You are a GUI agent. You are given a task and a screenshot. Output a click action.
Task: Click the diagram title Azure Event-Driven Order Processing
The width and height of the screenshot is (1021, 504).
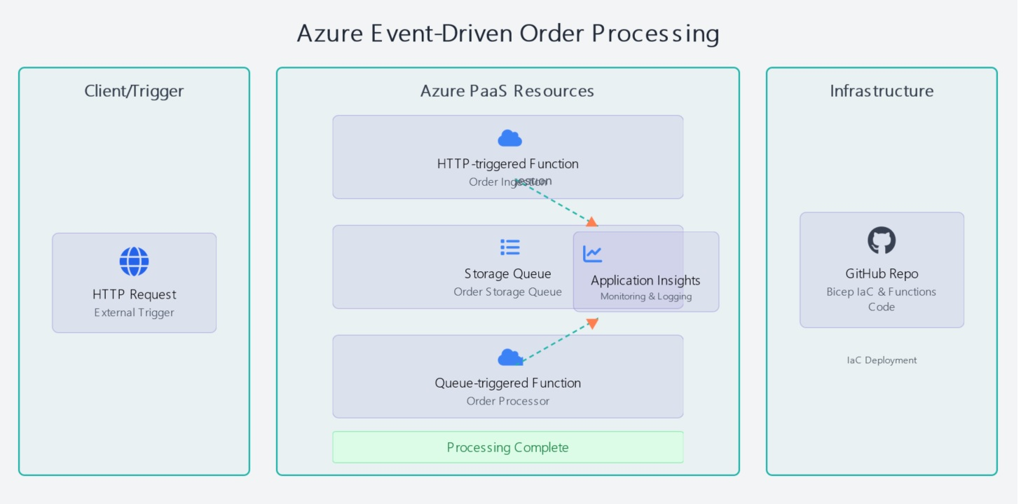(x=507, y=34)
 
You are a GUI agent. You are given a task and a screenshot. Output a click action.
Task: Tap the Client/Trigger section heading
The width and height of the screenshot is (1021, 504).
(x=134, y=91)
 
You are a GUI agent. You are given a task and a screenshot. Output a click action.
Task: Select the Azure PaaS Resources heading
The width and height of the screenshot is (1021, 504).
(x=507, y=91)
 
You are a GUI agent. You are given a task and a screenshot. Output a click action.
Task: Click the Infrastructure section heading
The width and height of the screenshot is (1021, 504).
(x=882, y=91)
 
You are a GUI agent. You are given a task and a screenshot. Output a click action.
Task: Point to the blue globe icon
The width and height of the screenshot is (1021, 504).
(x=134, y=261)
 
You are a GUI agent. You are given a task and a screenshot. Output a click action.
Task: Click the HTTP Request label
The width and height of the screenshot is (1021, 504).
(x=134, y=294)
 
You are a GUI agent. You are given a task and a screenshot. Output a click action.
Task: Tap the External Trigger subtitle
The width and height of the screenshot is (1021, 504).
(x=134, y=313)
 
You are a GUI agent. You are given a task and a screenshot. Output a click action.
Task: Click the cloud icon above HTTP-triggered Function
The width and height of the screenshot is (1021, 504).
(x=509, y=139)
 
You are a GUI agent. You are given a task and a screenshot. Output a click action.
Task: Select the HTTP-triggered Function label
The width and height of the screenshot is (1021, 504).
(x=507, y=164)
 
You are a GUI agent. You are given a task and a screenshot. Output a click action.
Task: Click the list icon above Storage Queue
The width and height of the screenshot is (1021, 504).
(x=509, y=247)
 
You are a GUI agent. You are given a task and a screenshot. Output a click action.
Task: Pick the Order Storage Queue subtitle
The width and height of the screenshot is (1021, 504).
(x=507, y=292)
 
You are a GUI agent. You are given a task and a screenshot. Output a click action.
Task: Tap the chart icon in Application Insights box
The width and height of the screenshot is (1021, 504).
(x=593, y=254)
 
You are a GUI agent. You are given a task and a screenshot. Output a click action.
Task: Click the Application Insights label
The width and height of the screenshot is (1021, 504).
(x=645, y=280)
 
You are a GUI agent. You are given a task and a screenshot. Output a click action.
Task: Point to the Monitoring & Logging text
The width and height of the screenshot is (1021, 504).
(x=645, y=297)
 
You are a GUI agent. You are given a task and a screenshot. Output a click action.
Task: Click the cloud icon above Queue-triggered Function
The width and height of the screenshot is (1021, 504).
(x=509, y=358)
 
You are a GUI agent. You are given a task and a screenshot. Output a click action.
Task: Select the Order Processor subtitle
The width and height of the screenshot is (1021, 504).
(x=507, y=401)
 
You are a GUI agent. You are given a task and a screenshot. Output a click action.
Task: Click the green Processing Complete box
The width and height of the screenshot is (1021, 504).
(x=507, y=447)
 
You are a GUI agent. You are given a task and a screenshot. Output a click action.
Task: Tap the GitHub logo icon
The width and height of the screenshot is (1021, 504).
(x=882, y=240)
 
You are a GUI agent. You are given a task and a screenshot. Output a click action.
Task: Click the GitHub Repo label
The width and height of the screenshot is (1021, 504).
(x=882, y=274)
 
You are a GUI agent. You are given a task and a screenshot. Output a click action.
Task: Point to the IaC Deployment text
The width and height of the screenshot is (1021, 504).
(x=882, y=360)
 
